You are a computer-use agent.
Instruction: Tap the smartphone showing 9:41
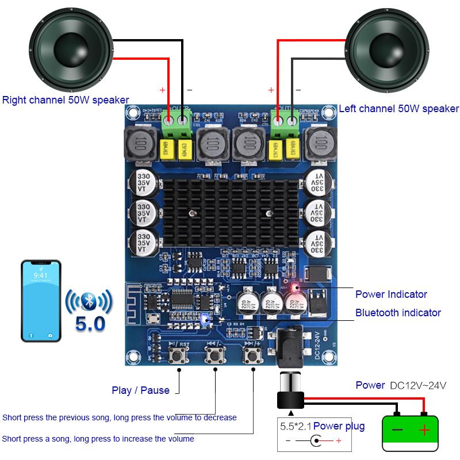[x=41, y=301]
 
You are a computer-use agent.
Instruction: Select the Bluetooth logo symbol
[x=89, y=300]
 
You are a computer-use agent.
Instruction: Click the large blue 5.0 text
[x=90, y=323]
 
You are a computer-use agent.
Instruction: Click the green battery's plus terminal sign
[x=424, y=430]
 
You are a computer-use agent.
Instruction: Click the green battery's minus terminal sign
[x=397, y=430]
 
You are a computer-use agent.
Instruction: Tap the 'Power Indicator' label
[x=391, y=294]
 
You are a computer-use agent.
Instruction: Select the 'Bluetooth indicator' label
[x=398, y=313]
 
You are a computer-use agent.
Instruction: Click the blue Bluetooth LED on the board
[x=204, y=319]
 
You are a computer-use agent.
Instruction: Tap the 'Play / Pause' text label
[x=140, y=390]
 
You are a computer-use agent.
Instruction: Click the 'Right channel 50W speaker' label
[x=66, y=100]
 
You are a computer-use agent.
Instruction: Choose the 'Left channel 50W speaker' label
[x=398, y=109]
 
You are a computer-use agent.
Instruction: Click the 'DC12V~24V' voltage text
[x=418, y=385]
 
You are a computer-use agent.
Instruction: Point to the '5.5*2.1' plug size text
[x=295, y=426]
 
